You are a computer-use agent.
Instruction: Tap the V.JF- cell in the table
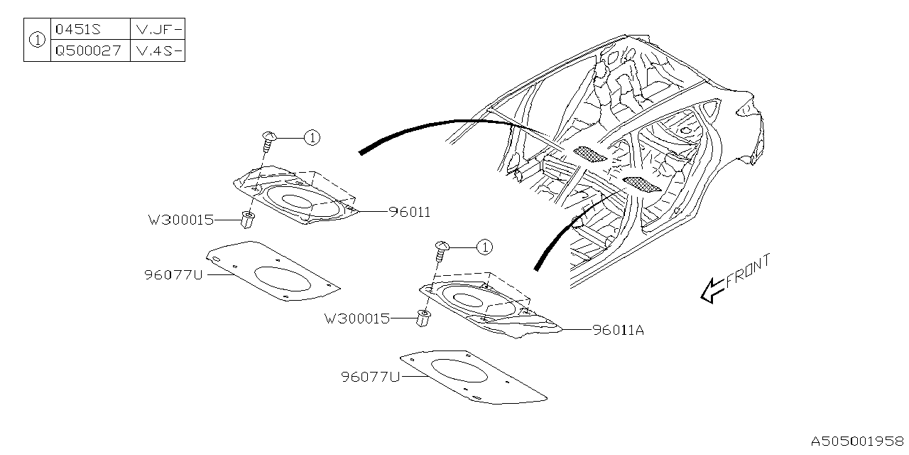[158, 31]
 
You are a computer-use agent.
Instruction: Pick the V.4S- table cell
[158, 51]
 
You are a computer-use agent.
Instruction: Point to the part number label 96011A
[618, 330]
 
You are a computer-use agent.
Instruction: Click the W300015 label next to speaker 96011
[180, 220]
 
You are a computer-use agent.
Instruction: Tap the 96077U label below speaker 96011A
[370, 377]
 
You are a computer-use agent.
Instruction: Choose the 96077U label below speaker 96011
[173, 274]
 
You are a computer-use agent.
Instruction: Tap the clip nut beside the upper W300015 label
[247, 220]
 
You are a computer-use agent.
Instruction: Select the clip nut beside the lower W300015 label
[424, 319]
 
